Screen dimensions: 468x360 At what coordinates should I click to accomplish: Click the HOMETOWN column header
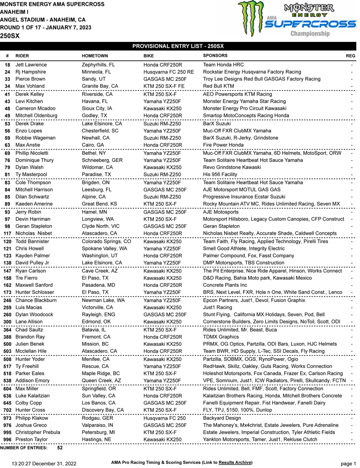pos(94,56)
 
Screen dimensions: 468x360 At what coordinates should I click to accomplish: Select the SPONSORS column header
pos(215,55)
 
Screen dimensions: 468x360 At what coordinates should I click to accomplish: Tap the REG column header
pos(350,56)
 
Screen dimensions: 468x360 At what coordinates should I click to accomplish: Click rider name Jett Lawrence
pos(31,65)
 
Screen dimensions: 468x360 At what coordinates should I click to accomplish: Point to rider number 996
pos(8,440)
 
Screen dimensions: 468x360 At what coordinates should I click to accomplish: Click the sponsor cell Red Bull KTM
pos(218,86)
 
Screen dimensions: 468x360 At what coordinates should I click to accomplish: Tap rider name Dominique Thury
pos(34,160)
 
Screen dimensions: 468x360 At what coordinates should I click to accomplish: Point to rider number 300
pos(8,322)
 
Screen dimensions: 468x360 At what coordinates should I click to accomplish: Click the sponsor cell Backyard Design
pos(222,418)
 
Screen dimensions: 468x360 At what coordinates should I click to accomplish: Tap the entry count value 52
pos(60,448)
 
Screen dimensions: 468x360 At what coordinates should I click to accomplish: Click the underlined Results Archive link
pos(235,463)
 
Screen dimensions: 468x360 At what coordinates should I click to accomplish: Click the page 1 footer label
pos(348,463)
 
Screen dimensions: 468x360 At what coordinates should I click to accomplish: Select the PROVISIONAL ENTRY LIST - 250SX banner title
pos(178,46)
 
